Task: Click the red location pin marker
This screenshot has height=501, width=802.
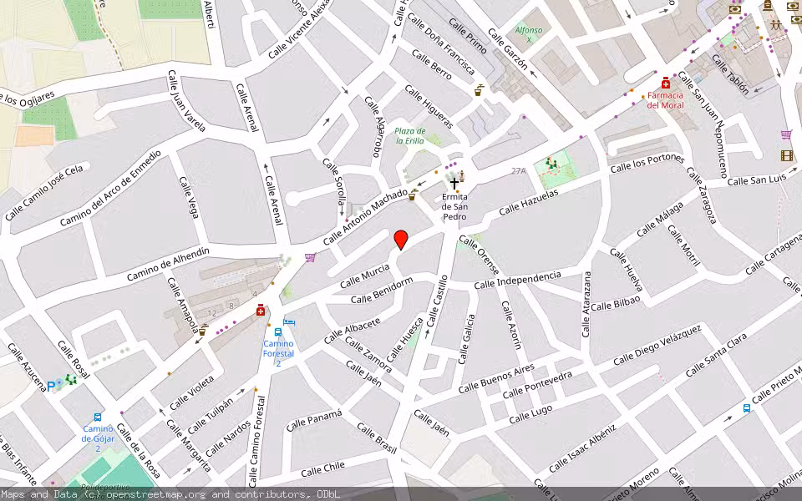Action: click(401, 240)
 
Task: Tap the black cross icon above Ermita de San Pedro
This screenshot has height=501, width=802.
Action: click(454, 183)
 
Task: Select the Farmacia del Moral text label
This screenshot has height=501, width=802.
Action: click(665, 100)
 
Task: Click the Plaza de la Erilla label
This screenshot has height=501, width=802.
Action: click(410, 136)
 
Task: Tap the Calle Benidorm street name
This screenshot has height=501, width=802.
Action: click(382, 292)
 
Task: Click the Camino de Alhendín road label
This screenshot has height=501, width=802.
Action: click(167, 265)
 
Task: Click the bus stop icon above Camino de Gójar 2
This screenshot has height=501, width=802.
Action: click(98, 417)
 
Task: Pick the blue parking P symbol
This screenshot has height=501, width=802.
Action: click(52, 386)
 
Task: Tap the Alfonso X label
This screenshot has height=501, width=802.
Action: click(528, 35)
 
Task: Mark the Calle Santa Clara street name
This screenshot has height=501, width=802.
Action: click(716, 356)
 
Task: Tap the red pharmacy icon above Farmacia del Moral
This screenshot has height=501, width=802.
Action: click(665, 83)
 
